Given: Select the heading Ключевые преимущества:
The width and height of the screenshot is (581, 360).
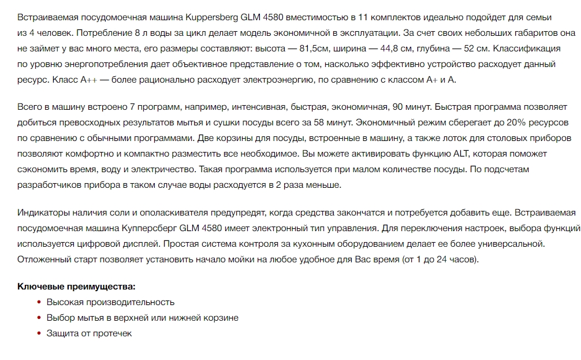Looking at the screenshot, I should [76, 286].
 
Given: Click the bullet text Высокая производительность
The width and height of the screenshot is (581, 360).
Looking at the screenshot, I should [110, 302].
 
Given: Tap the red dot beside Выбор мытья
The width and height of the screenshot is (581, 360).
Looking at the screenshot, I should [39, 317].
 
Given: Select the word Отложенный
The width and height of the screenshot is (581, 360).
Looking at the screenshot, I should [44, 259].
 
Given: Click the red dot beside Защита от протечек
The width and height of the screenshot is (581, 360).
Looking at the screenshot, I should [39, 333].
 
